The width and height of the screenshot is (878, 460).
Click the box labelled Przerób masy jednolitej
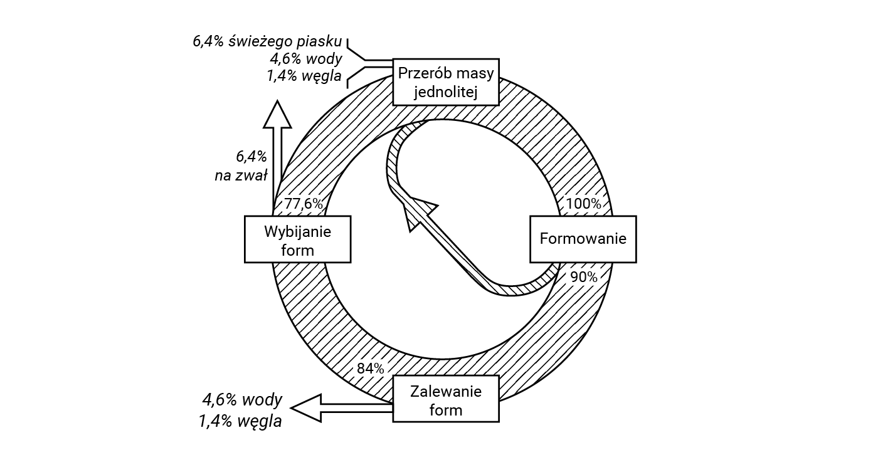point(446,82)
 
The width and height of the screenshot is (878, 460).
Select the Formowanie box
point(583,239)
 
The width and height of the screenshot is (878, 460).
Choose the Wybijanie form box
point(297,239)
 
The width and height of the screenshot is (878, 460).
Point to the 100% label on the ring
point(583,204)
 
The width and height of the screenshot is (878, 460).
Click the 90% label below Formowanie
point(583,276)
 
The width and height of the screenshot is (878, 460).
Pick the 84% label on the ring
point(370,369)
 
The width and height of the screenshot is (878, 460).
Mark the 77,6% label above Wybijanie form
point(304,204)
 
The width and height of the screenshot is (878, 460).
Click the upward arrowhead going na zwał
point(277,115)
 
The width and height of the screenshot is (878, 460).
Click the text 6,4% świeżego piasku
point(268,42)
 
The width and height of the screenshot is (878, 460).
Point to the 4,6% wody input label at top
point(306,60)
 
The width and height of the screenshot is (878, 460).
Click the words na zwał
point(241,175)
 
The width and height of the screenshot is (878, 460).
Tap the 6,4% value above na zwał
point(251,156)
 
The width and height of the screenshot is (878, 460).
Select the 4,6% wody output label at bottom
point(242,400)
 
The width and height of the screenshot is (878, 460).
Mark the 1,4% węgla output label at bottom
point(240,421)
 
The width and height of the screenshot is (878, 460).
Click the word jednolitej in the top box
point(446,93)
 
